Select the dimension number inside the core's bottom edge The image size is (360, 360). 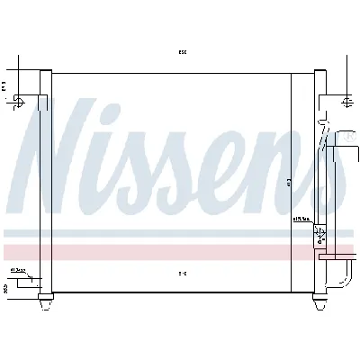pyautogui.click(x=182, y=272)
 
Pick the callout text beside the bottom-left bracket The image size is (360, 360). pyautogui.click(x=16, y=269)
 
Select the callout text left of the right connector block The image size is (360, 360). pyautogui.click(x=300, y=219)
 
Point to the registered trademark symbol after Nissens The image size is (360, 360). pyautogui.click(x=346, y=139)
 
